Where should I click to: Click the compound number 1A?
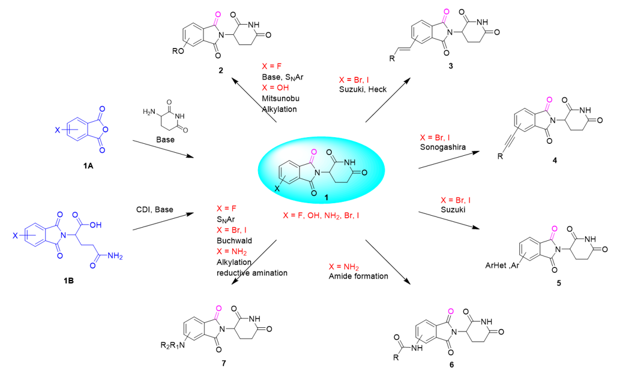[x=88, y=166]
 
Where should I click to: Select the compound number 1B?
[x=69, y=281]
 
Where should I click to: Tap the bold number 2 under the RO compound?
[x=221, y=70]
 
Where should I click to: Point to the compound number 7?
[x=224, y=363]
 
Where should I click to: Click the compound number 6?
[x=451, y=365]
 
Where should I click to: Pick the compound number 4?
[x=555, y=160]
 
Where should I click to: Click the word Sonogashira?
[x=443, y=147]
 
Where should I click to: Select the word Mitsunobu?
[x=281, y=98]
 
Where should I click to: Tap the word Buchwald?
[x=234, y=240]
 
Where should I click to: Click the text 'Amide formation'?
[x=358, y=276]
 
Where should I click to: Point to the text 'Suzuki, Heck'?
[x=363, y=90]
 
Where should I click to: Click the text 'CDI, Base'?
[x=155, y=210]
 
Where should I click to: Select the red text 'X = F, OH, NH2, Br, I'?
[x=321, y=216]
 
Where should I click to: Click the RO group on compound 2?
[x=178, y=52]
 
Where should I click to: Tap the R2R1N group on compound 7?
[x=173, y=346]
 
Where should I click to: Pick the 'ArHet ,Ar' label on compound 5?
[x=502, y=266]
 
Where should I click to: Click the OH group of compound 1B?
[x=95, y=225]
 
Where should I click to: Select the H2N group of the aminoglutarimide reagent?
[x=149, y=112]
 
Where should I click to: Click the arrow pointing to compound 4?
[x=449, y=160]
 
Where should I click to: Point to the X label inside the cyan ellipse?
[x=277, y=189]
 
